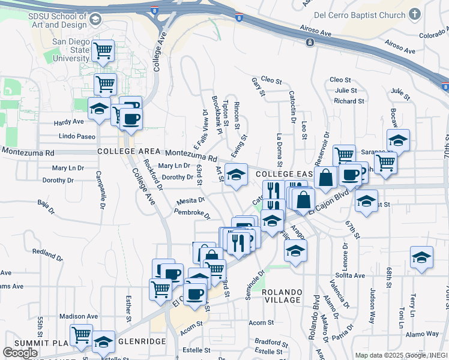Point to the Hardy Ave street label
click(68, 122)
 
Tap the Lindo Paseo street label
click(77, 136)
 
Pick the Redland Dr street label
click(47, 252)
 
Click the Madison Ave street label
click(78, 316)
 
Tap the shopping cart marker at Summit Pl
click(81, 335)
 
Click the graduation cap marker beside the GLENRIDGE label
click(103, 341)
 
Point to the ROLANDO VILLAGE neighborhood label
click(282, 296)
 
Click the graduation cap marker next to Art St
click(237, 175)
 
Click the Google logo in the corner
click(20, 352)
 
